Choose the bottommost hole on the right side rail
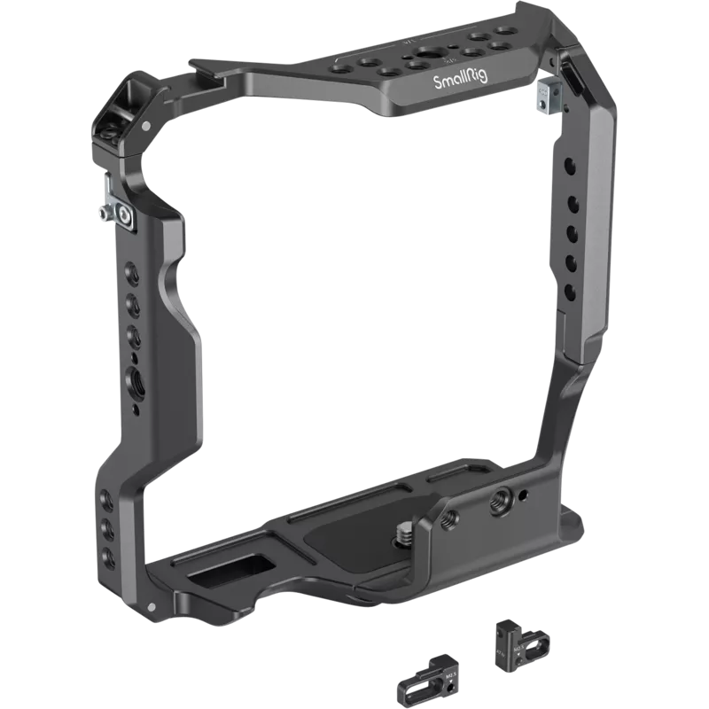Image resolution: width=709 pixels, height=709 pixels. (572, 285)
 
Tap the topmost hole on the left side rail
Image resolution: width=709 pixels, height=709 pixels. (133, 270)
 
